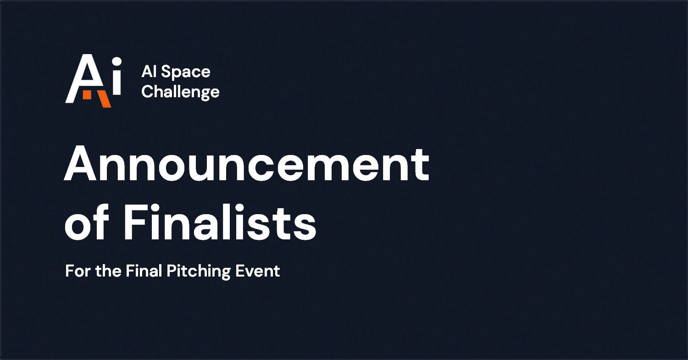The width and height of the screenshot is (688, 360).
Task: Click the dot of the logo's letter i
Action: click(117, 61)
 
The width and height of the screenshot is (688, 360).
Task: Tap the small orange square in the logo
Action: click(87, 95)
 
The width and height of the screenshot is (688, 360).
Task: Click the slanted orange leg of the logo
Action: click(104, 99)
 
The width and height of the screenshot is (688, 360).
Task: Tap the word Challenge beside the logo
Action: click(181, 92)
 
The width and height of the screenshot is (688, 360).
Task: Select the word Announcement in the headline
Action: click(246, 164)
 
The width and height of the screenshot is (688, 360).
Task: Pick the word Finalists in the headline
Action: click(220, 222)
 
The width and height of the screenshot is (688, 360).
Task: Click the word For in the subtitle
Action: click(78, 271)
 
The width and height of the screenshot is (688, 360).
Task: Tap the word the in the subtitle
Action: click(108, 271)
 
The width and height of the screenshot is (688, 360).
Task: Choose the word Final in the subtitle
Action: click(144, 271)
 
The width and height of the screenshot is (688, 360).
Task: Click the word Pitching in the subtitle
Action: click(199, 271)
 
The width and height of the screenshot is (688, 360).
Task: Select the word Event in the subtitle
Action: click(258, 271)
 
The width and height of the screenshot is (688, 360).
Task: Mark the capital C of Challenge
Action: click(147, 91)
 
